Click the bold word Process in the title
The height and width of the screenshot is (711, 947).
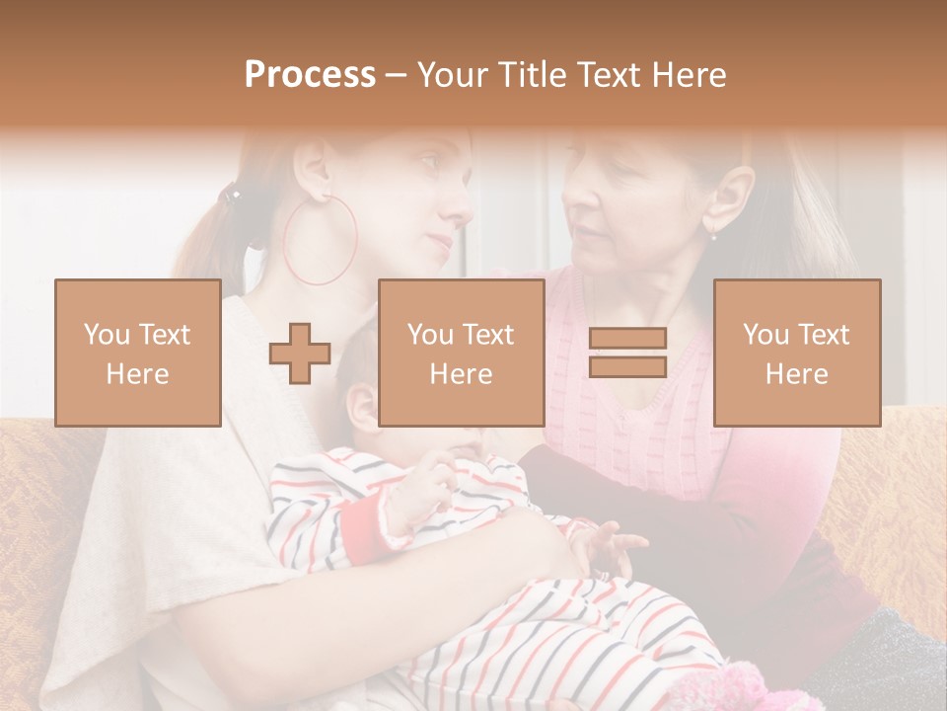pyautogui.click(x=310, y=75)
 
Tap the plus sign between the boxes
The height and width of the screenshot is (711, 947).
pyautogui.click(x=300, y=353)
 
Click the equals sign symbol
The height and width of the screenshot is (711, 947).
pyautogui.click(x=627, y=353)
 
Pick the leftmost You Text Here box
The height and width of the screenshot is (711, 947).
pyautogui.click(x=137, y=353)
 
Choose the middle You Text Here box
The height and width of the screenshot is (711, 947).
pyautogui.click(x=461, y=353)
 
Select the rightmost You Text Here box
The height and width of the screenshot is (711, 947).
pyautogui.click(x=796, y=353)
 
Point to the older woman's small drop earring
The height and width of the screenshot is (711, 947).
pyautogui.click(x=712, y=234)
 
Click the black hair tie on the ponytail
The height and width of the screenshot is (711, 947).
pyautogui.click(x=231, y=193)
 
